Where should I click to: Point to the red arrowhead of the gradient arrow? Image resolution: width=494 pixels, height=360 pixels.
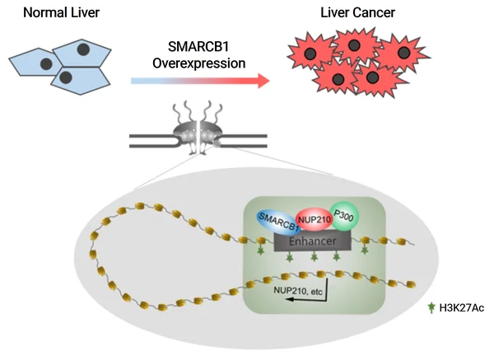coord(261,81)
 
